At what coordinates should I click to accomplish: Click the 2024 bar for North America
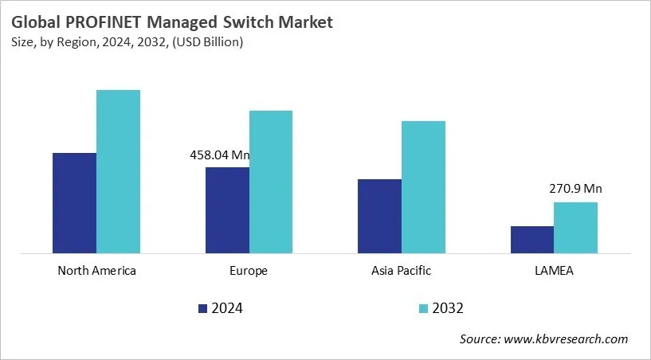[x=74, y=203]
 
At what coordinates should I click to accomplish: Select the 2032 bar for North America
[x=118, y=172]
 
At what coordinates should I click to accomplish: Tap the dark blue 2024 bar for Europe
[x=227, y=210]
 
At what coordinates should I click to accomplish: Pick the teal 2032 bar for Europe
[x=271, y=182]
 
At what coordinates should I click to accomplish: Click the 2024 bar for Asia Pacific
[x=379, y=217]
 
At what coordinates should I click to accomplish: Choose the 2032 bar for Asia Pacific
[x=423, y=187]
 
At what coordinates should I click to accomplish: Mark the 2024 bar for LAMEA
[x=531, y=240]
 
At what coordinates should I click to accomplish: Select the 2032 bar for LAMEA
[x=575, y=228]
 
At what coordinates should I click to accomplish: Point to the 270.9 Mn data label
[x=575, y=190]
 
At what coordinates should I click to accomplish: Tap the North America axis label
[x=96, y=271]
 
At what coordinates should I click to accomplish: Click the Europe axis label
[x=249, y=271]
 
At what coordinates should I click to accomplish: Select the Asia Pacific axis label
[x=401, y=271]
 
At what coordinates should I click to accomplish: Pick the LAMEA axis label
[x=554, y=271]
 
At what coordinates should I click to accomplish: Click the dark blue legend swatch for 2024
[x=202, y=308]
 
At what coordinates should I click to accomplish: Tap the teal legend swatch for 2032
[x=423, y=308]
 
